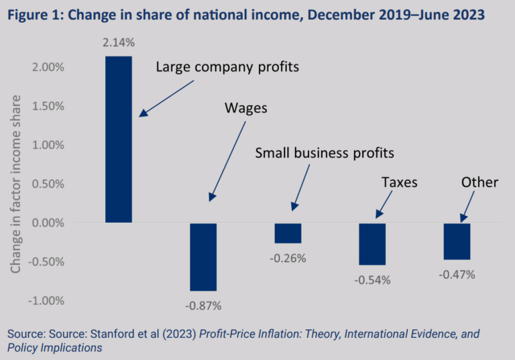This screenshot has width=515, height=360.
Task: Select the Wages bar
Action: tap(203, 257)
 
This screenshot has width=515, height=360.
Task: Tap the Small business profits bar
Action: tap(288, 233)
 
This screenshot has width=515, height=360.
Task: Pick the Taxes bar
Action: tap(372, 243)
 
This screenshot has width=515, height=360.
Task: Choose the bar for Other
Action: tap(457, 241)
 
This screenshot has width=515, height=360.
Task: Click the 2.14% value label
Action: tap(119, 43)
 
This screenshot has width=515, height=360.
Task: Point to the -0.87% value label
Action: tap(203, 306)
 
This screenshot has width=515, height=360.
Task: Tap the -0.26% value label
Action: tap(288, 258)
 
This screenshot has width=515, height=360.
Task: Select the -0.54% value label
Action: tap(373, 280)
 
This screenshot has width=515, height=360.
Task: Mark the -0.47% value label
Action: tap(457, 274)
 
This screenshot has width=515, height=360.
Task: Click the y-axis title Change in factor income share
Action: tap(16, 184)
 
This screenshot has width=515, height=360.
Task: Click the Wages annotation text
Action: tap(245, 108)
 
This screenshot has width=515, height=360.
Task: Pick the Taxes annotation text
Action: tap(400, 182)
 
